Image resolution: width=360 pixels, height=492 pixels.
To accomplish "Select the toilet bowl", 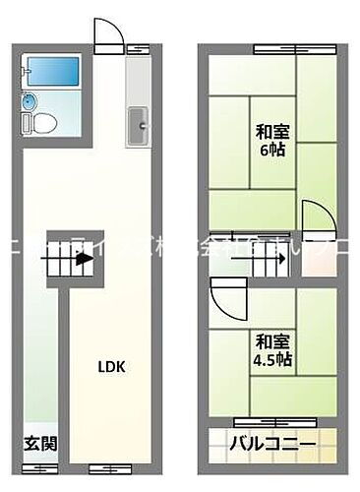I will click(x=45, y=123).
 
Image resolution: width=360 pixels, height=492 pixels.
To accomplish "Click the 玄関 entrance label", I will click(x=39, y=442).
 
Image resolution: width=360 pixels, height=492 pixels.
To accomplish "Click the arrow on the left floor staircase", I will click(x=82, y=262).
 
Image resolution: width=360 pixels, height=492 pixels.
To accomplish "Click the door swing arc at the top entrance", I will click(x=108, y=35).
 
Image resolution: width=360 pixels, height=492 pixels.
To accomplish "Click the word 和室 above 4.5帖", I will click(x=272, y=340).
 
